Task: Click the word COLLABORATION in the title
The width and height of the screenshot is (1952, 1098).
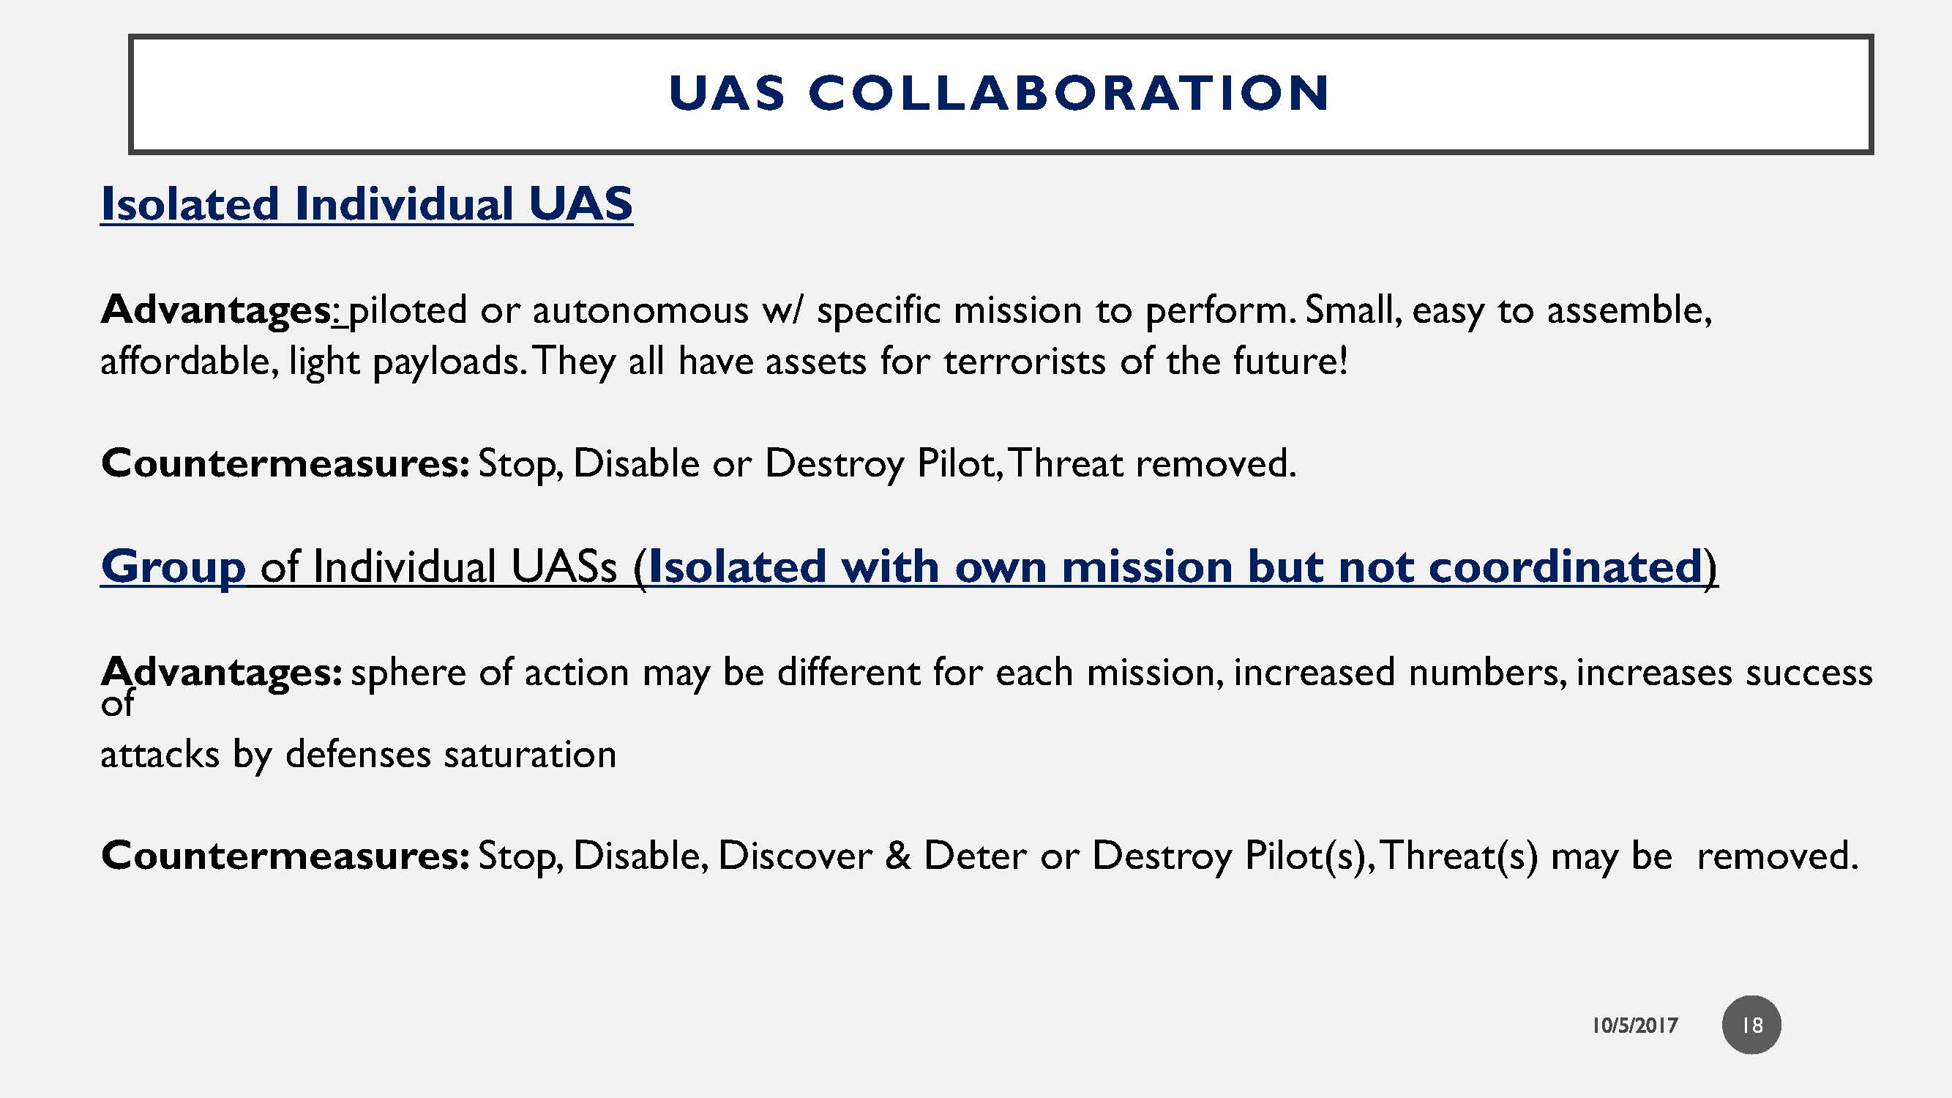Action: (x=1069, y=93)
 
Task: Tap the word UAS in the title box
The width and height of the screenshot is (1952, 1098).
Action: (x=727, y=93)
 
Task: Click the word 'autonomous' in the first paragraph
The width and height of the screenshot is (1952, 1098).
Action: (x=640, y=310)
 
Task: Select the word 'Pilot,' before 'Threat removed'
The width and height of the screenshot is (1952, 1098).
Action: (x=960, y=463)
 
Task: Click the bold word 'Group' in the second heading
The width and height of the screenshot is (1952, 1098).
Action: (x=173, y=567)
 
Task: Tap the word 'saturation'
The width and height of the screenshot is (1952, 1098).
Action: (x=530, y=755)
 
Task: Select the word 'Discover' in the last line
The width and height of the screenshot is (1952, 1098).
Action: (x=795, y=856)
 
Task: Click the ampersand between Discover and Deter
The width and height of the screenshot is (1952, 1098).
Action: (x=898, y=856)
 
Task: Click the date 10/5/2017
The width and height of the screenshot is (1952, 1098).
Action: (x=1634, y=1026)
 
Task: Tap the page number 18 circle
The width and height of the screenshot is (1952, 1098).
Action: (x=1751, y=1026)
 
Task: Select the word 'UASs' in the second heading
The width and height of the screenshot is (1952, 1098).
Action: (x=564, y=567)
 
